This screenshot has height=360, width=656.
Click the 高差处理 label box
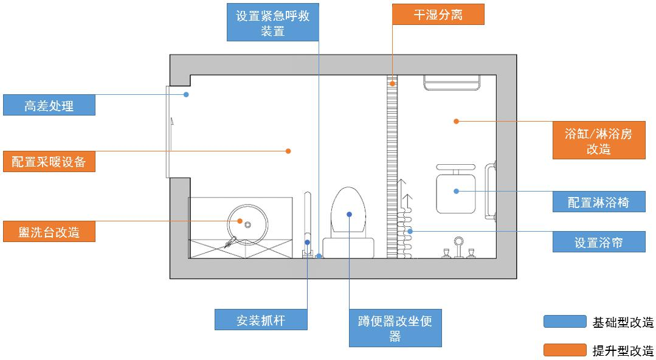pyautogui.click(x=49, y=105)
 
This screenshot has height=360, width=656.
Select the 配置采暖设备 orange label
pyautogui.click(x=49, y=162)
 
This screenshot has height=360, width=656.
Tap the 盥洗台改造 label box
pyautogui.click(x=49, y=232)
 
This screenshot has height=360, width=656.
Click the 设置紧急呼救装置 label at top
pyautogui.click(x=272, y=23)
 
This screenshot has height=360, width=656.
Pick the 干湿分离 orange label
pyautogui.click(x=438, y=15)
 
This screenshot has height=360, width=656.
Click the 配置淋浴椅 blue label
pyautogui.click(x=598, y=202)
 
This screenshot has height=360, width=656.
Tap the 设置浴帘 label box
pyautogui.click(x=598, y=242)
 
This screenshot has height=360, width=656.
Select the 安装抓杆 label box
pyautogui.click(x=261, y=320)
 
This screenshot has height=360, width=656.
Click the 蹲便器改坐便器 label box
pyautogui.click(x=395, y=328)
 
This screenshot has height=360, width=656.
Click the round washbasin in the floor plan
pyautogui.click(x=247, y=223)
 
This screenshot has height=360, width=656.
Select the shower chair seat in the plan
pyautogui.click(x=455, y=192)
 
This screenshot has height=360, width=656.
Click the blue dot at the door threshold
pyautogui.click(x=187, y=94)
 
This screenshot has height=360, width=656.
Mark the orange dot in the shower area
pyautogui.click(x=456, y=121)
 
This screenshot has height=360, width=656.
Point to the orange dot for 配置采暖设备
pyautogui.click(x=289, y=151)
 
